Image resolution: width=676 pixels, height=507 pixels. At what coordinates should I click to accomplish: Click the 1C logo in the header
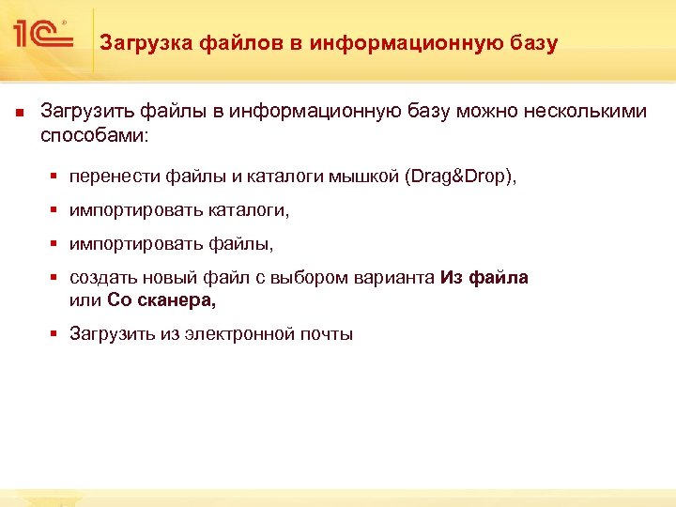coord(41,35)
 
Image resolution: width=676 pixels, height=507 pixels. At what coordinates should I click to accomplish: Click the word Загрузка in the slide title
coord(145,43)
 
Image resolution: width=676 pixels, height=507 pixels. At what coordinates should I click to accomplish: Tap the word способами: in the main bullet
coord(94,135)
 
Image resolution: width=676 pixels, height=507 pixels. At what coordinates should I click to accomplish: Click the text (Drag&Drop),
coord(461,177)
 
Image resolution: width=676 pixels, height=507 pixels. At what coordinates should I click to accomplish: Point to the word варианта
coord(400,278)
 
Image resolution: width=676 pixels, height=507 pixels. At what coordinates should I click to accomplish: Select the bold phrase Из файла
coord(484,278)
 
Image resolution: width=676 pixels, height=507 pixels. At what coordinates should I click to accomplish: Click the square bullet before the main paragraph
coord(19,113)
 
